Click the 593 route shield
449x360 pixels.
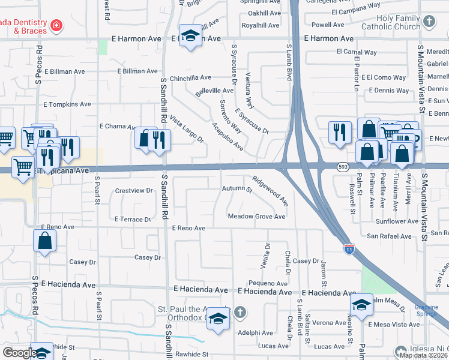tap(342, 166)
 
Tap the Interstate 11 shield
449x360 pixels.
tap(349, 248)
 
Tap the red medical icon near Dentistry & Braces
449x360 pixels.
tap(56, 25)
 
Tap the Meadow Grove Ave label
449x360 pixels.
tap(256, 217)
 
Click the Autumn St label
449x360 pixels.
tap(237, 190)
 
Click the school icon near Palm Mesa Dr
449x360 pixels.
tap(361, 305)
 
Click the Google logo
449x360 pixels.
tap(19, 353)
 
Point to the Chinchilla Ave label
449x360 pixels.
tap(190, 78)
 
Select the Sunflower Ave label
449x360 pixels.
tap(397, 221)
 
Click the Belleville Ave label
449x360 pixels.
tap(214, 91)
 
